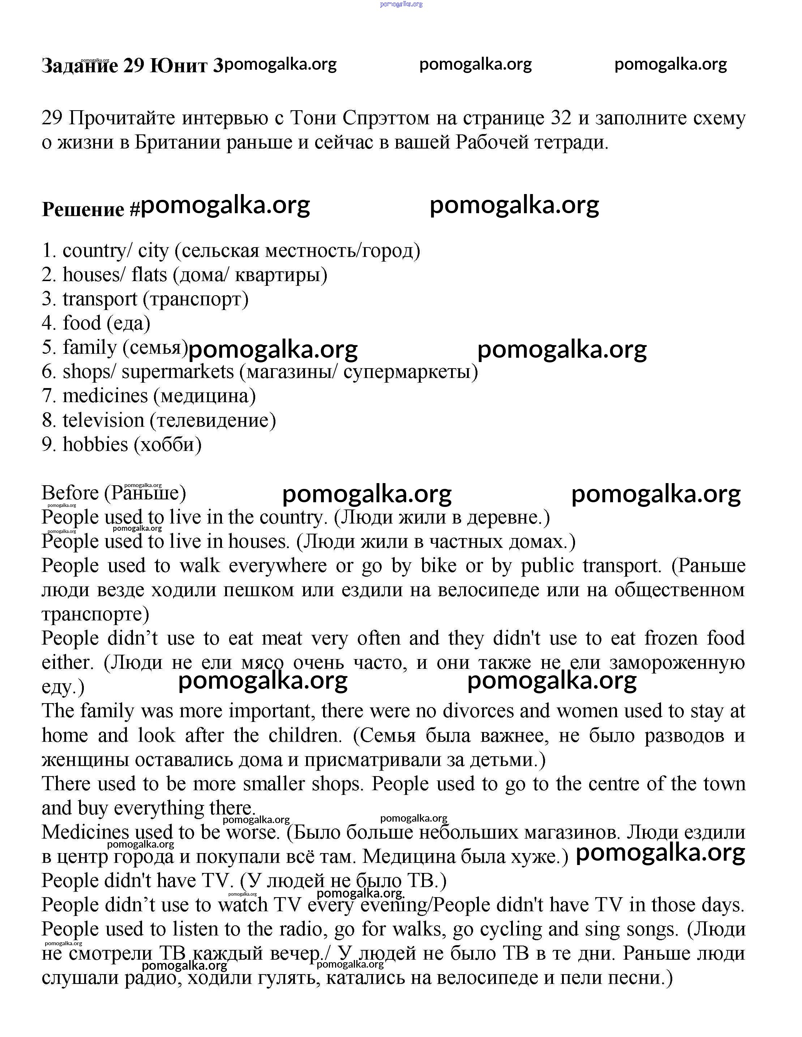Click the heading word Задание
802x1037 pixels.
click(80, 65)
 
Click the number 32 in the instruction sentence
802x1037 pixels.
click(561, 118)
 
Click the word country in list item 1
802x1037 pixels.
click(94, 251)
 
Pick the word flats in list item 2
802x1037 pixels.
click(149, 275)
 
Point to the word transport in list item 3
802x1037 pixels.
click(100, 299)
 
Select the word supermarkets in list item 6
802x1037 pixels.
click(177, 372)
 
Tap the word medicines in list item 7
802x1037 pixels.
click(106, 396)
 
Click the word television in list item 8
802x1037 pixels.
click(103, 420)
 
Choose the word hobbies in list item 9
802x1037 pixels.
click(95, 444)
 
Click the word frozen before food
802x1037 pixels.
click(670, 638)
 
